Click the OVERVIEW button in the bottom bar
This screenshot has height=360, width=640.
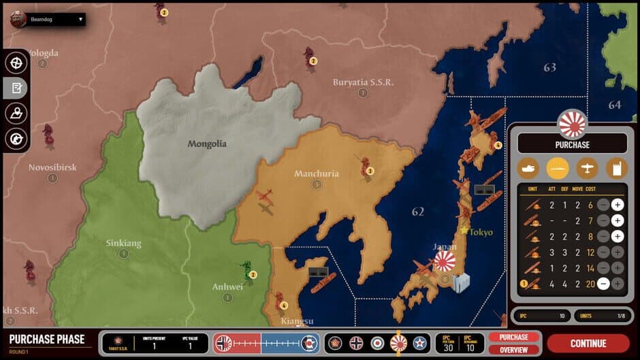(x=513, y=350)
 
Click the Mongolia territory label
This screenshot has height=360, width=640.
(x=207, y=144)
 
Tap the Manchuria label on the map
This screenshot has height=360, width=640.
(x=316, y=174)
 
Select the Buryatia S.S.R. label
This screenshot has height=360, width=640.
(x=363, y=82)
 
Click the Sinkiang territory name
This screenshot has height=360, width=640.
(x=124, y=243)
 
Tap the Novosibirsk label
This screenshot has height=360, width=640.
(x=52, y=167)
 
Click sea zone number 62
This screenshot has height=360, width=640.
(x=417, y=212)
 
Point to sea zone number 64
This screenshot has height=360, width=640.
(x=614, y=105)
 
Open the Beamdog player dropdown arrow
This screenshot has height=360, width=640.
(x=80, y=20)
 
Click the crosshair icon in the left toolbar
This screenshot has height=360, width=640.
(x=16, y=62)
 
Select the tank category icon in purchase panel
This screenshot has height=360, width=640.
(x=529, y=168)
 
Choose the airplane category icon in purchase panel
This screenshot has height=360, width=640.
(x=586, y=168)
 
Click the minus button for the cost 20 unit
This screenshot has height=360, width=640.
(x=603, y=284)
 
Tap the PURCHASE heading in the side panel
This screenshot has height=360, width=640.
(x=572, y=144)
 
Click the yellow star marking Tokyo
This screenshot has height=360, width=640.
(x=464, y=230)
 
